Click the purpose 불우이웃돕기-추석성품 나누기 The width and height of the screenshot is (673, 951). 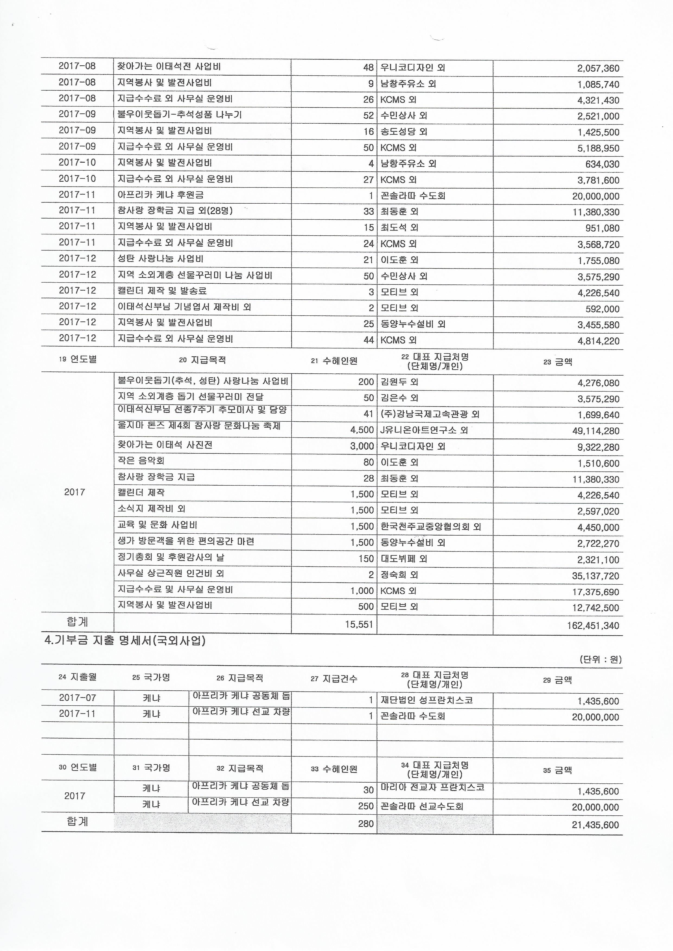pos(179,115)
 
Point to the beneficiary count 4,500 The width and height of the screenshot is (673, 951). pos(362,430)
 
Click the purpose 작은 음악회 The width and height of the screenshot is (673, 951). pos(141,461)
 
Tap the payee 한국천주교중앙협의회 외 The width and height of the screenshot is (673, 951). pos(430,527)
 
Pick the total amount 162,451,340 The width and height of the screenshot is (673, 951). pos(593,625)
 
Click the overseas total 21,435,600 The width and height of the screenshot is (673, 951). pos(595,825)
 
